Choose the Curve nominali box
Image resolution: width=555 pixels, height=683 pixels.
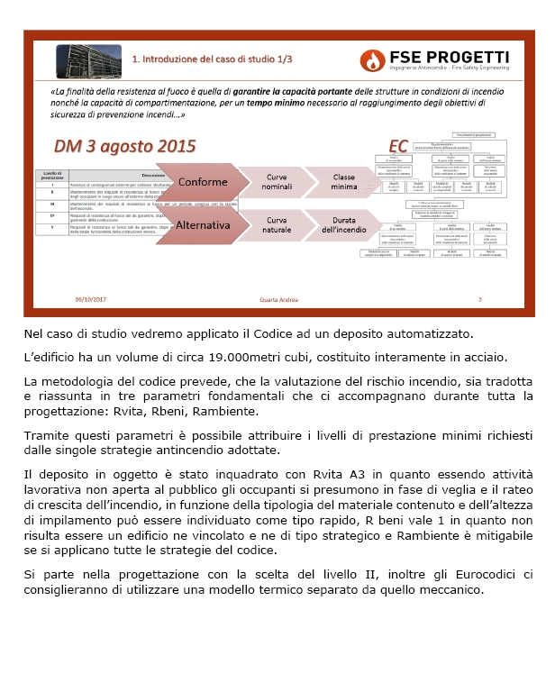coord(267,182)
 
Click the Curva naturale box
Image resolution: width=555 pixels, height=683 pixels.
coord(267,224)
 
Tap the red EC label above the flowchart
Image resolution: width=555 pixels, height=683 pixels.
coord(397,146)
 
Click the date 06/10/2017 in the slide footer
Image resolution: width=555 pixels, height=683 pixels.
coord(92,300)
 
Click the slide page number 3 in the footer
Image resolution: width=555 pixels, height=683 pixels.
coord(479,300)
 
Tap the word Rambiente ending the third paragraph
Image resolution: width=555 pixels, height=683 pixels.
coord(226,411)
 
